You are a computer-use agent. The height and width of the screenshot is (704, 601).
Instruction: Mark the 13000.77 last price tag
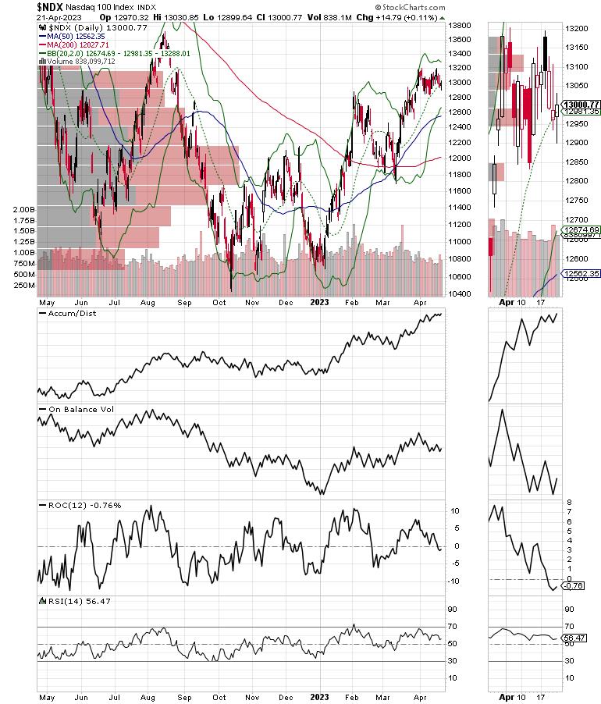(581, 105)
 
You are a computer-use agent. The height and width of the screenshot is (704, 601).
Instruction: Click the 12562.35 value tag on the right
(581, 274)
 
